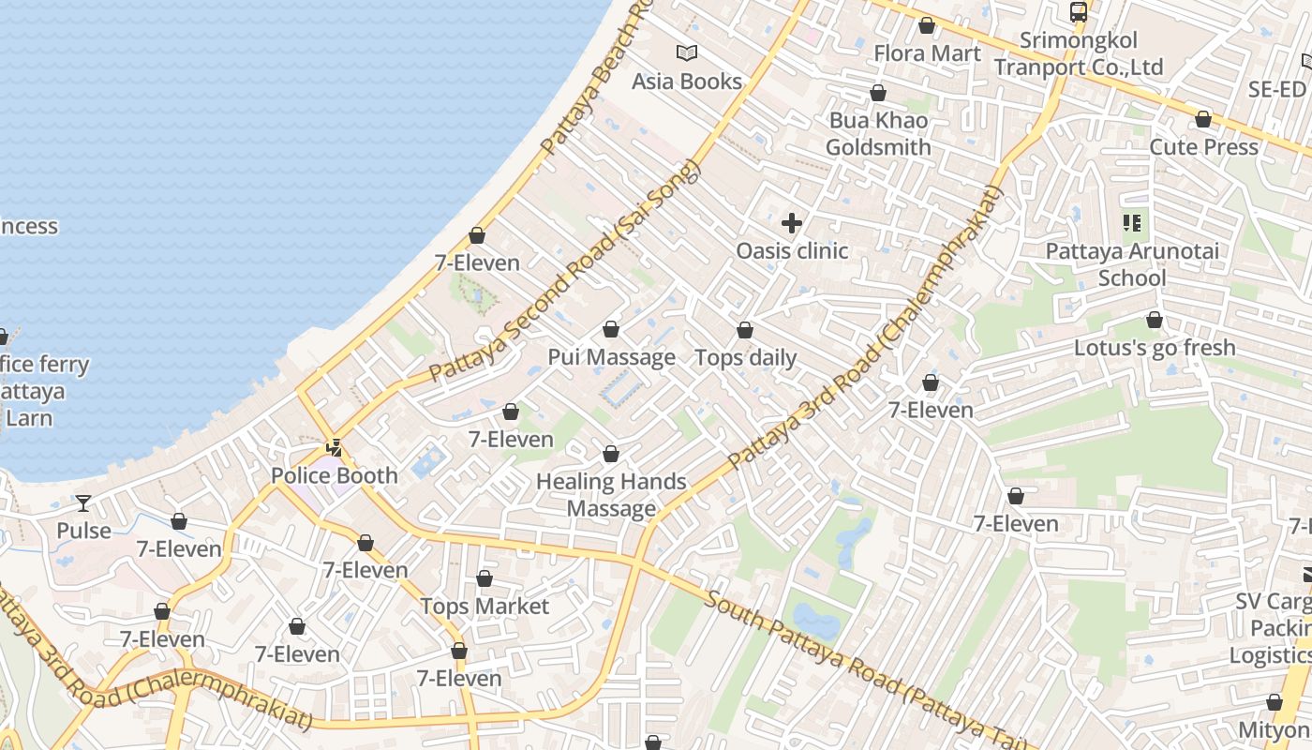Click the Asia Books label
687,82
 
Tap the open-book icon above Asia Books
687,53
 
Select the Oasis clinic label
792,250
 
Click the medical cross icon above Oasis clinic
792,223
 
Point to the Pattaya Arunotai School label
1132,264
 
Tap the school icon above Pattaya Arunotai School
1132,223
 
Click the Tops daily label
745,357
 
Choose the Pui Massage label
611,357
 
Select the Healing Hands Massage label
611,495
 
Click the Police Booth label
335,475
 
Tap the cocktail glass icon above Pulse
83,503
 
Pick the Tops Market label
485,606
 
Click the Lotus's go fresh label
1155,348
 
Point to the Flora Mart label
927,53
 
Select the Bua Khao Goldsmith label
878,133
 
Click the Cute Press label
1203,147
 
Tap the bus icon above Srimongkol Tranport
1079,12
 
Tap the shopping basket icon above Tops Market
485,579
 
